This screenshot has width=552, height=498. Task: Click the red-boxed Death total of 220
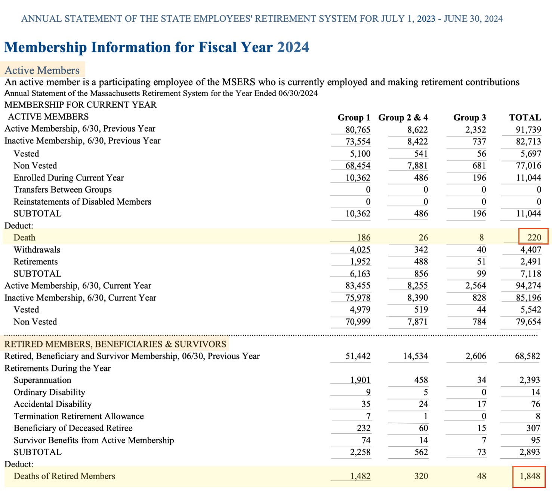534,237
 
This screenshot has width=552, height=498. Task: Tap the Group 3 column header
469,117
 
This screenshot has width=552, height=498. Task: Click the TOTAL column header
525,117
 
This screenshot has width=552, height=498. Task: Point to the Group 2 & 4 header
403,117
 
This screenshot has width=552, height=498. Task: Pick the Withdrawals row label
37,250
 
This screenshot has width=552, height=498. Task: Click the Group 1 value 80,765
358,130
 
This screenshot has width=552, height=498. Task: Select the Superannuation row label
42,380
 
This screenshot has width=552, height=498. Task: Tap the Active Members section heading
42,70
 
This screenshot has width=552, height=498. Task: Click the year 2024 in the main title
293,47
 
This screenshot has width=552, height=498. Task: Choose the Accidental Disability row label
53,404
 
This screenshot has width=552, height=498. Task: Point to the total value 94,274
528,286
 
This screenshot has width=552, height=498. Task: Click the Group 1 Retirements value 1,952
360,262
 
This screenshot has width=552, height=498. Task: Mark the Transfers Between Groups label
62,190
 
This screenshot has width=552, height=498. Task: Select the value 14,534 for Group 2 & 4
415,356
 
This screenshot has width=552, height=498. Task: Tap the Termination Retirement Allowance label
78,416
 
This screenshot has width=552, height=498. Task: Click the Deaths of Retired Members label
64,476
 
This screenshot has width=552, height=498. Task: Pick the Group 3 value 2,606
476,356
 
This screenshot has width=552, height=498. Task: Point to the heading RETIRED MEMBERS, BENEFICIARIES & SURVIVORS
115,344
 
